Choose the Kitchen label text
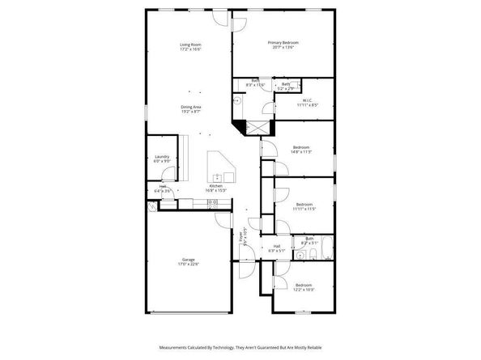[215, 186]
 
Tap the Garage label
[189, 260]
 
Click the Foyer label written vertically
[240, 237]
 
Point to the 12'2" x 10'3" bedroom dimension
[304, 290]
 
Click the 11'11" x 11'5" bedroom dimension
[304, 209]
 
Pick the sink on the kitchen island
[218, 176]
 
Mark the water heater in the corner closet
[152, 207]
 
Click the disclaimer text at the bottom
[240, 345]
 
